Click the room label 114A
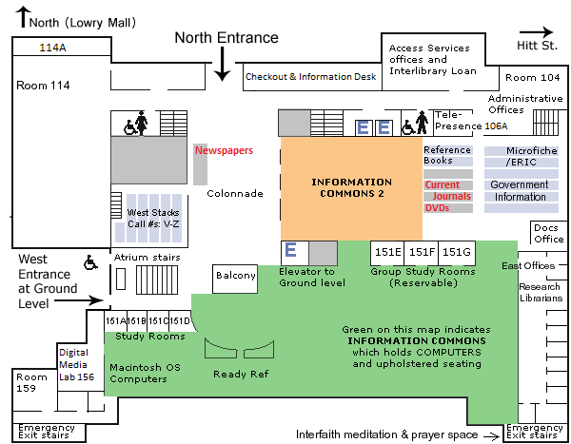[x=51, y=47]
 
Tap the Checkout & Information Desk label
[x=311, y=77]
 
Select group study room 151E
[x=387, y=252]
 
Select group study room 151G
[x=456, y=252]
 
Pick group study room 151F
[x=422, y=252]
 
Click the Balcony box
[x=235, y=276]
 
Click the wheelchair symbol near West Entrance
[x=92, y=261]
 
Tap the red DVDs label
[x=437, y=207]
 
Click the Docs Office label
[x=548, y=233]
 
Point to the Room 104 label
[x=533, y=77]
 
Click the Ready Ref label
[x=240, y=374]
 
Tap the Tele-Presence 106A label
[x=470, y=120]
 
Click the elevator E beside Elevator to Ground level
[x=292, y=251]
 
